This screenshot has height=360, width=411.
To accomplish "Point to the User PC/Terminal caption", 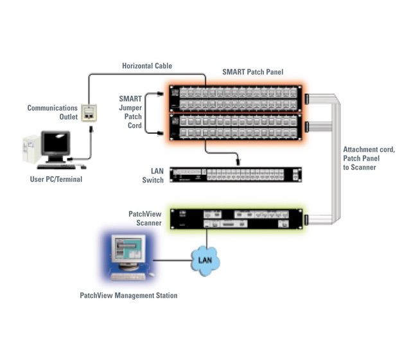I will click(57, 179).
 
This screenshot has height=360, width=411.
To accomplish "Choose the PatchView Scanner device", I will click(236, 219).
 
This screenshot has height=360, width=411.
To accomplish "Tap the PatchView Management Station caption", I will click(128, 296).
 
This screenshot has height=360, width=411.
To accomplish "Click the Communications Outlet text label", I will click(52, 113).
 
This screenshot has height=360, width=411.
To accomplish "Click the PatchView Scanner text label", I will click(148, 217).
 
